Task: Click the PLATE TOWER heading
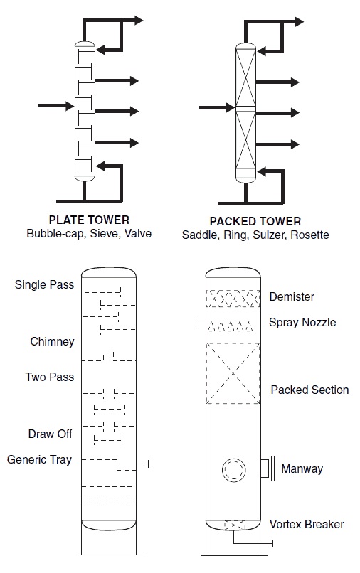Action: tap(89, 220)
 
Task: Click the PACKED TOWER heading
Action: tap(255, 221)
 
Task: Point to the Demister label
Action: tap(292, 296)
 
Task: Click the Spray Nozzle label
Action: tap(302, 322)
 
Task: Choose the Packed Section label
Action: tap(309, 390)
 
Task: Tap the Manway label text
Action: tap(302, 468)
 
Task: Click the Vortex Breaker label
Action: tap(307, 524)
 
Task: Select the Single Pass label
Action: tap(44, 284)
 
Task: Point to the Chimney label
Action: tap(53, 341)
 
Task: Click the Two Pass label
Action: tap(50, 377)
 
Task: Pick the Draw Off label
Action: tap(50, 434)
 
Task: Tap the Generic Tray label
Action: tap(39, 459)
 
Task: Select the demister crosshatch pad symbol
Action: tap(233, 298)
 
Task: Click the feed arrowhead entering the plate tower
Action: tap(70, 106)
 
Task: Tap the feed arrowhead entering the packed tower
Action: tap(231, 107)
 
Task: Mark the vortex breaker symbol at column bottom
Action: tap(234, 525)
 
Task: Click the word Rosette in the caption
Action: tap(309, 235)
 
